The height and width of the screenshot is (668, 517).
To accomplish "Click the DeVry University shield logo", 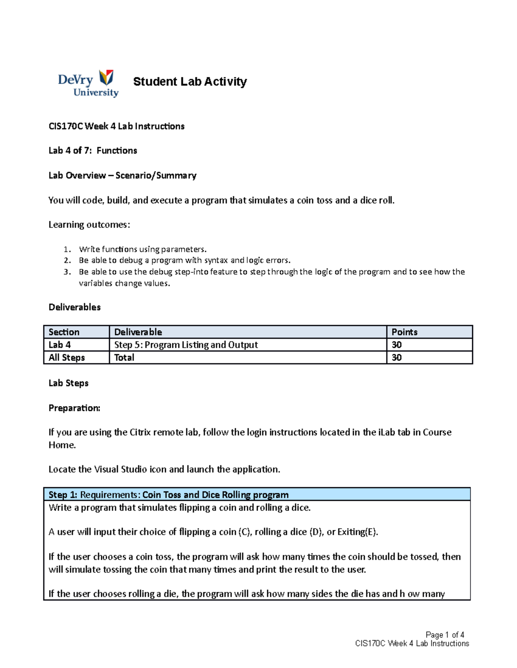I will click(x=106, y=78).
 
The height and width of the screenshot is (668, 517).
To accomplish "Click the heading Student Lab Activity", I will click(x=190, y=81).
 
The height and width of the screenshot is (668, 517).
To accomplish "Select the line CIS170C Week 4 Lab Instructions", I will click(x=116, y=126).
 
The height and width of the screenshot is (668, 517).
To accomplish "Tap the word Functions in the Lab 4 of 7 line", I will click(x=117, y=151).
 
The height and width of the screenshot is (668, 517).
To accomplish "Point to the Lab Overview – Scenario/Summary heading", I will click(x=122, y=175).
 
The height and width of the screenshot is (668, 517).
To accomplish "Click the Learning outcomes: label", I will click(x=89, y=225).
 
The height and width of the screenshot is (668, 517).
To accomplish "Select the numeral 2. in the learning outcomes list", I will click(x=67, y=260).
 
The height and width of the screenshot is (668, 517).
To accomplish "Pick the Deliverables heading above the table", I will click(x=75, y=307).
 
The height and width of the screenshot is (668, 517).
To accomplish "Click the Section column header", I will click(x=64, y=332).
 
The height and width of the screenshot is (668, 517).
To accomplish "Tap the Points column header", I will click(x=404, y=332).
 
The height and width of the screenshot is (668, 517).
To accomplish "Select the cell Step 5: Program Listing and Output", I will click(x=186, y=345).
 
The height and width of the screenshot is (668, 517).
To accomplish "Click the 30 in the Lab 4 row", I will click(x=396, y=345).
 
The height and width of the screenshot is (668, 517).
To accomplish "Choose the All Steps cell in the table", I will click(x=67, y=357).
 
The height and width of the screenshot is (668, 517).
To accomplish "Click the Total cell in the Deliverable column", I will click(x=124, y=357).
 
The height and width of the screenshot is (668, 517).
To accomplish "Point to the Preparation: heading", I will click(x=74, y=408).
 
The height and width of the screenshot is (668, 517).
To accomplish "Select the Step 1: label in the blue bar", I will click(x=63, y=495).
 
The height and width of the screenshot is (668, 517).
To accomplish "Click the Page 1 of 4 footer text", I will click(x=445, y=635).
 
